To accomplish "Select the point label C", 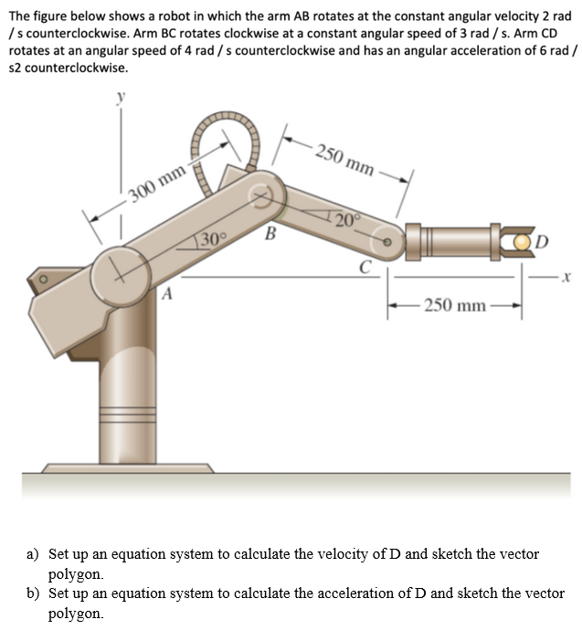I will [364, 267].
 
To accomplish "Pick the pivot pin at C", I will [386, 242].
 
